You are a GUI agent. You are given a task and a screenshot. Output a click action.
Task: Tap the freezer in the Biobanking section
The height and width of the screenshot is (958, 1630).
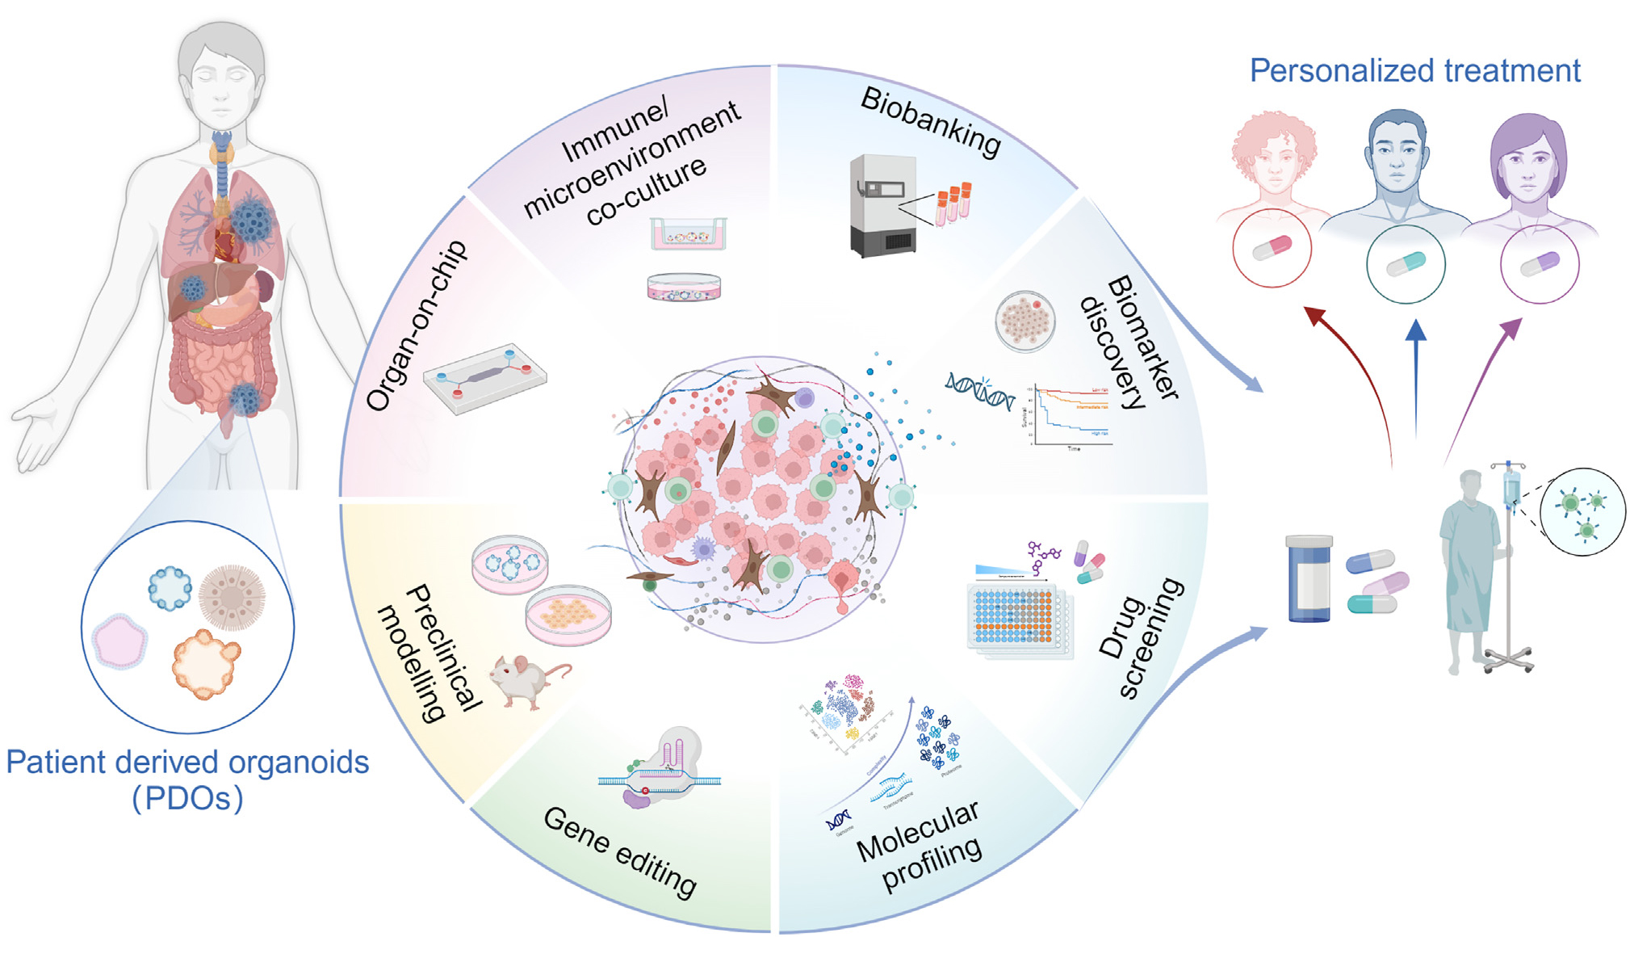(x=882, y=206)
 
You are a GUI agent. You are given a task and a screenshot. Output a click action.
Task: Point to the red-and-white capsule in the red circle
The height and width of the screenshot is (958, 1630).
(x=1272, y=247)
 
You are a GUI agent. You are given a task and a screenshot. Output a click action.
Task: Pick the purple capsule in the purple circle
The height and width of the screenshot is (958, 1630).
(x=1539, y=264)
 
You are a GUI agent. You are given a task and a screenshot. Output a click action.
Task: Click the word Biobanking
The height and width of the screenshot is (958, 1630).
(x=931, y=121)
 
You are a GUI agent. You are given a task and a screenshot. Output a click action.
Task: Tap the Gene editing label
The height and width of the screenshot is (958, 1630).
(x=619, y=851)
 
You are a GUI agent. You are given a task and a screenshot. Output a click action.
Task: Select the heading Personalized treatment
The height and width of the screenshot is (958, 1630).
(x=1414, y=71)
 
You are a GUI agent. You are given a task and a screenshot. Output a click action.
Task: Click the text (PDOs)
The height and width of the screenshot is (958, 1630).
(x=187, y=798)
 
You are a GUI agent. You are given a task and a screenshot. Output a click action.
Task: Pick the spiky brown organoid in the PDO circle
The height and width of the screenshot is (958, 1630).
(x=232, y=597)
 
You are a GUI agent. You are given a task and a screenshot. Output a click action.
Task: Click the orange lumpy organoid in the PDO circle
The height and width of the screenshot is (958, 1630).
(x=205, y=663)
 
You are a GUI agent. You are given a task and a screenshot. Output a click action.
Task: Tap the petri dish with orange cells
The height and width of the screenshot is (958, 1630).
(x=568, y=616)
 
